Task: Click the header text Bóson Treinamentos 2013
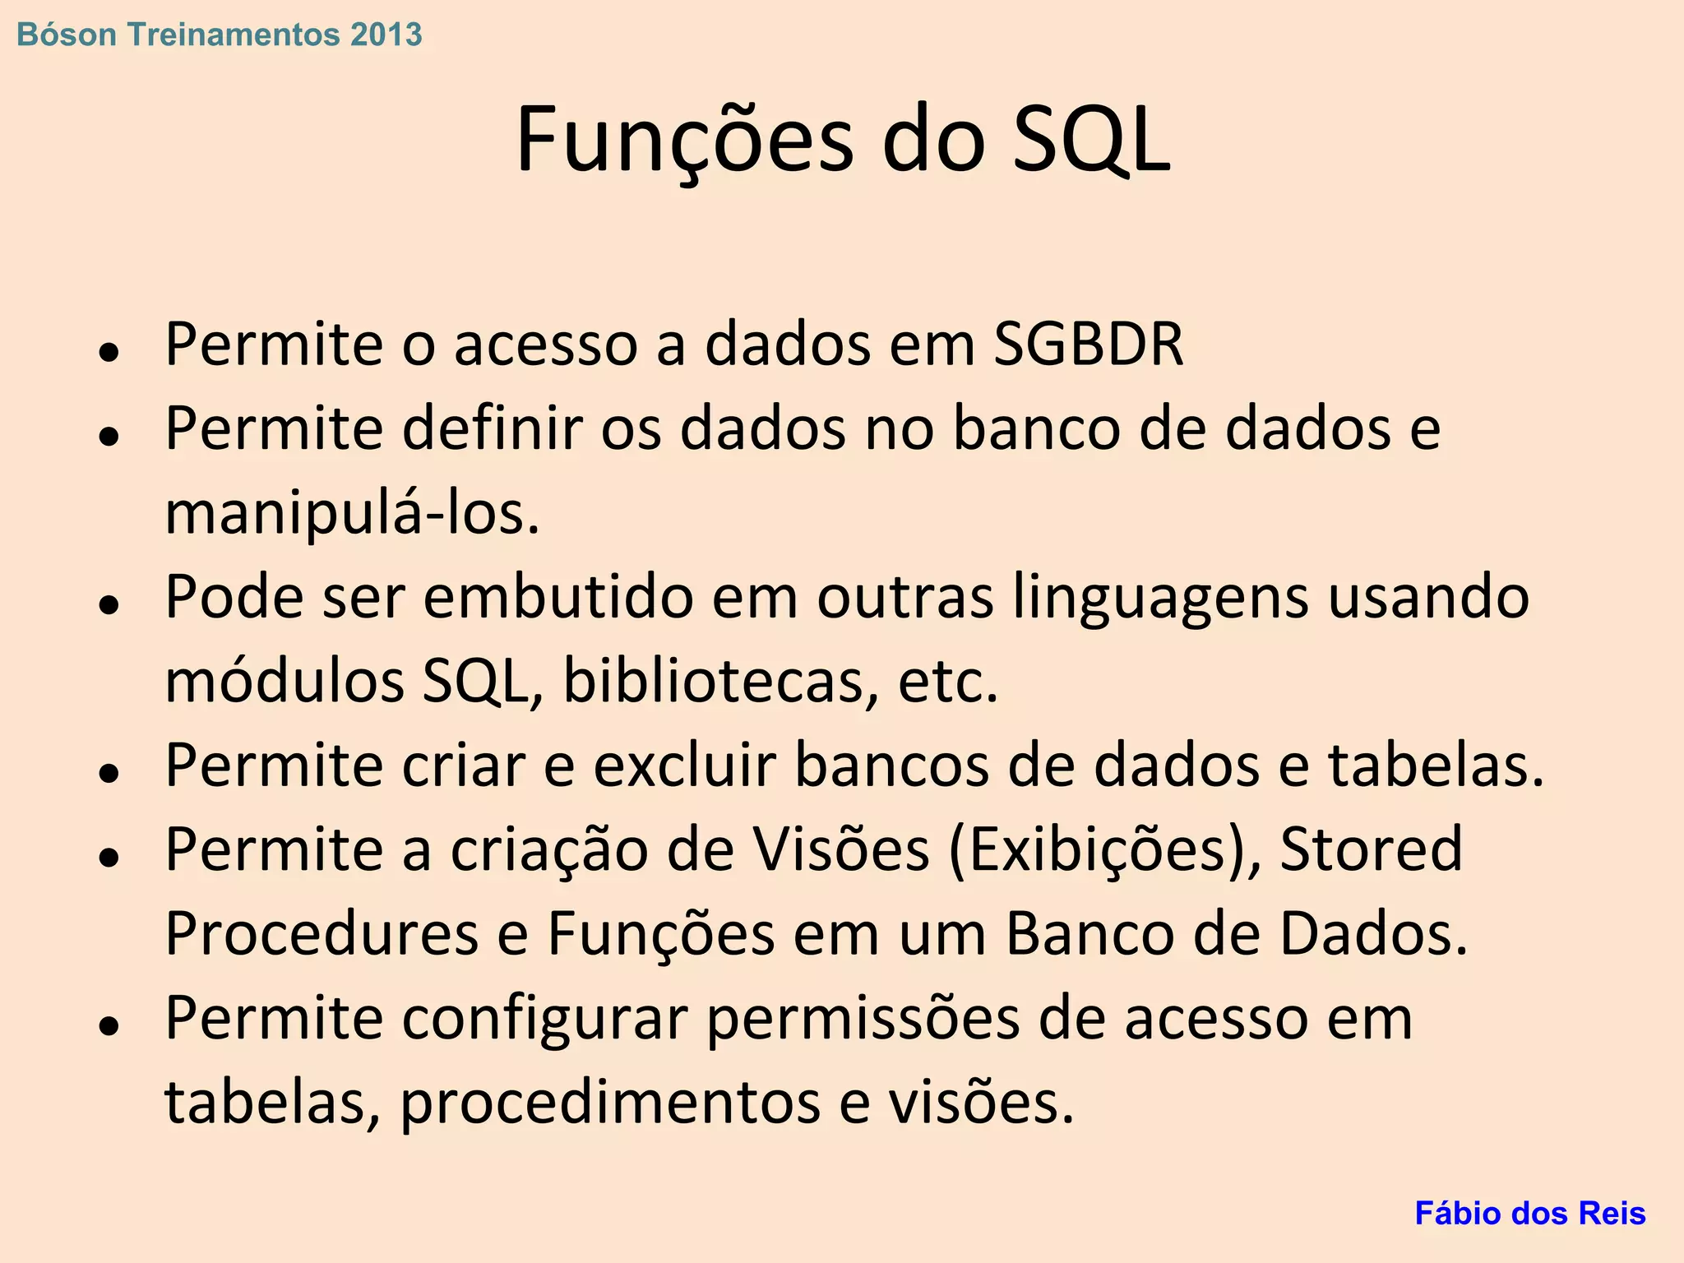click(219, 35)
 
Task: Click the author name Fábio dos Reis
click(1529, 1214)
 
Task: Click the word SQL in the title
click(1090, 140)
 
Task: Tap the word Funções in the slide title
click(686, 140)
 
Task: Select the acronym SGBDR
click(1088, 344)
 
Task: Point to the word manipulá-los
click(352, 513)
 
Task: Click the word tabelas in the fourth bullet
click(1436, 766)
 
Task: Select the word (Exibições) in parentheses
click(1104, 850)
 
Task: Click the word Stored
click(1371, 849)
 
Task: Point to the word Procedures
click(322, 934)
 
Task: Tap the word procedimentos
click(609, 1103)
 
